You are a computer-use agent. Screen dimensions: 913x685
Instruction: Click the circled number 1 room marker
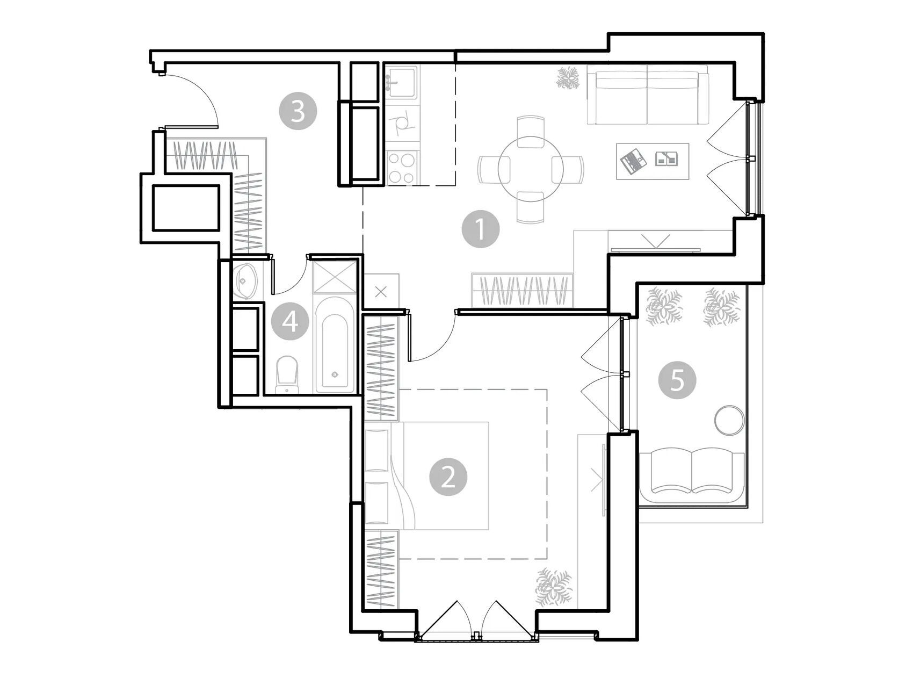(481, 229)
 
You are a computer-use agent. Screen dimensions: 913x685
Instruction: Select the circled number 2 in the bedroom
(448, 477)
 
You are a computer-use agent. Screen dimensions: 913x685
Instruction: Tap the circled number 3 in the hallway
(298, 112)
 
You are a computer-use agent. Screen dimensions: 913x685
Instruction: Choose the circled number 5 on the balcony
(677, 380)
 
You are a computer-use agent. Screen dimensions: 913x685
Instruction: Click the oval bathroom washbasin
(247, 280)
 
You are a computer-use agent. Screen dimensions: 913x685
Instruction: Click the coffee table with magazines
(653, 161)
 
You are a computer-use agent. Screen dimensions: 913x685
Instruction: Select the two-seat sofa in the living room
(648, 95)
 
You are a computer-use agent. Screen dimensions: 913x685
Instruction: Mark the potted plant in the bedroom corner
(553, 587)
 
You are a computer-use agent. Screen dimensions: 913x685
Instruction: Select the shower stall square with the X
(335, 277)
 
